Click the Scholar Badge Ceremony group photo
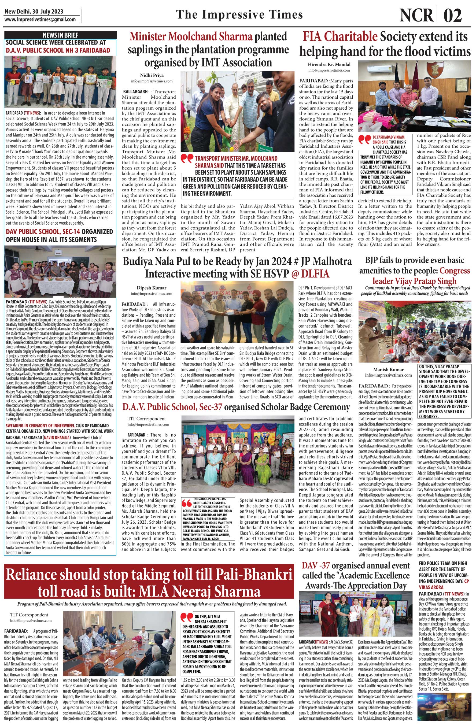(239, 453)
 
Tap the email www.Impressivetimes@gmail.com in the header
(40, 20)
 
